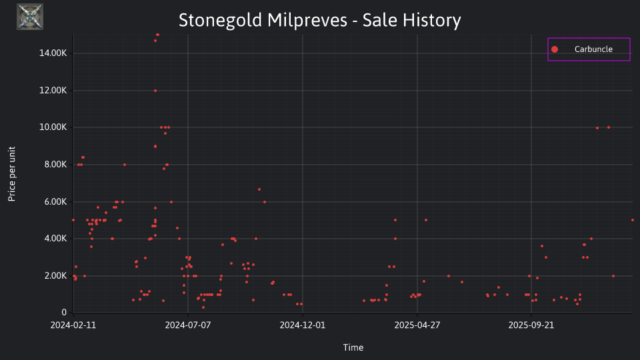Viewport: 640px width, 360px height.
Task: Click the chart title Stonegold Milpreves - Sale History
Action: [x=319, y=21]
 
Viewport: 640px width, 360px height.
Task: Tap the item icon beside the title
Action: [x=30, y=17]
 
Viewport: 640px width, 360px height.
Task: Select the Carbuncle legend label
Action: [x=593, y=49]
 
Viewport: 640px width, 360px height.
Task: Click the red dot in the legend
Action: [x=554, y=49]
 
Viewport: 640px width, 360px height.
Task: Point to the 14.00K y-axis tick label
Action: [x=53, y=53]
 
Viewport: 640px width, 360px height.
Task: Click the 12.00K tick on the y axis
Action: [x=53, y=90]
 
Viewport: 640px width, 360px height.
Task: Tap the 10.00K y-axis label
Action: [x=53, y=127]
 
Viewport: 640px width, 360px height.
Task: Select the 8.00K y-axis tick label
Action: [x=55, y=165]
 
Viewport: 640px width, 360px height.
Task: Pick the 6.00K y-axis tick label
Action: [x=55, y=201]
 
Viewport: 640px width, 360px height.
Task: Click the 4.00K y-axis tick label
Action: [x=55, y=239]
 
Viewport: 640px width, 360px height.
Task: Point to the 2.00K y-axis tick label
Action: [x=55, y=275]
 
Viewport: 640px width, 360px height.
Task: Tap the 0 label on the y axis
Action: [x=64, y=313]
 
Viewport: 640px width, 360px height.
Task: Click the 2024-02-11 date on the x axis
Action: [x=73, y=325]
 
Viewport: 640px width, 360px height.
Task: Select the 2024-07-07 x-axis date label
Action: [x=188, y=325]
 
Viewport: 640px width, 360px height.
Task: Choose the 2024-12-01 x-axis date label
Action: [x=303, y=325]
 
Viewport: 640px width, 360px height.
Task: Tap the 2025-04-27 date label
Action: [x=417, y=325]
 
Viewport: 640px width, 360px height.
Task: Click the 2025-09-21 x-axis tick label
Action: [x=531, y=325]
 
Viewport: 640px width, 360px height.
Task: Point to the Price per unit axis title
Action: [x=12, y=174]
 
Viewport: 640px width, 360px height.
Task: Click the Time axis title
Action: [x=353, y=347]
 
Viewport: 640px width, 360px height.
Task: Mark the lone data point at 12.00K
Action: [x=155, y=91]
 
